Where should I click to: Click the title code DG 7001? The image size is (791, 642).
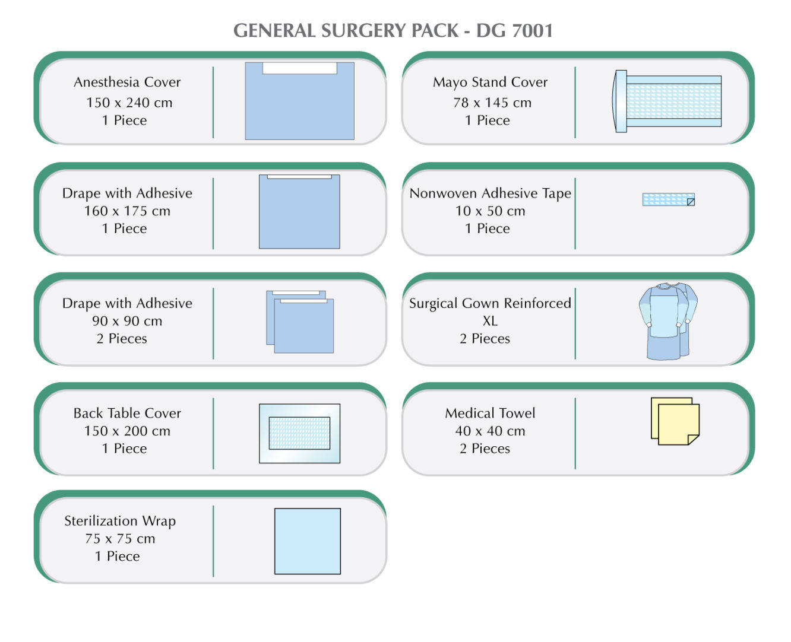click(x=514, y=30)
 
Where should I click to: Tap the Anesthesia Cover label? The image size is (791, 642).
click(x=127, y=82)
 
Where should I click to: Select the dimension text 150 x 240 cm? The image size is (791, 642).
click(x=129, y=102)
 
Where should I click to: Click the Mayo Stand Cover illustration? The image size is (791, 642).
click(x=668, y=101)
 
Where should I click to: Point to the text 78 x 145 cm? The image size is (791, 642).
click(x=492, y=102)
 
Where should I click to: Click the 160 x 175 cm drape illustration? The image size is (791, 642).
click(x=299, y=212)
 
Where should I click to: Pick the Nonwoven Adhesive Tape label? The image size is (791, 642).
click(x=490, y=193)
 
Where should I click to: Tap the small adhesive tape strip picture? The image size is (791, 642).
click(x=668, y=199)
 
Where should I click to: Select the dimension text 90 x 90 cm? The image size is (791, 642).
click(x=126, y=321)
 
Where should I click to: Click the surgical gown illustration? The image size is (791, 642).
click(x=667, y=321)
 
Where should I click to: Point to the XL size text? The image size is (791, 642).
click(x=490, y=321)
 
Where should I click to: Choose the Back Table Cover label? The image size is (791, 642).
click(x=127, y=413)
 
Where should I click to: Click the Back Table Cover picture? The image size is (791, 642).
click(x=299, y=433)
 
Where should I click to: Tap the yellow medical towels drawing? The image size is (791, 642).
click(x=675, y=421)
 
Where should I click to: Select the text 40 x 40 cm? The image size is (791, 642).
click(x=490, y=431)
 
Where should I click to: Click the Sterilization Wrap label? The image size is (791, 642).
click(x=120, y=521)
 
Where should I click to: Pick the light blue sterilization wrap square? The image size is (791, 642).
click(x=307, y=541)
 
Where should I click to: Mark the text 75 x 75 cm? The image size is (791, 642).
click(x=120, y=539)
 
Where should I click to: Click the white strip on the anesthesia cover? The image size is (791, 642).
click(x=299, y=68)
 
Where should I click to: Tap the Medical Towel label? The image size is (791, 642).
click(x=490, y=413)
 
